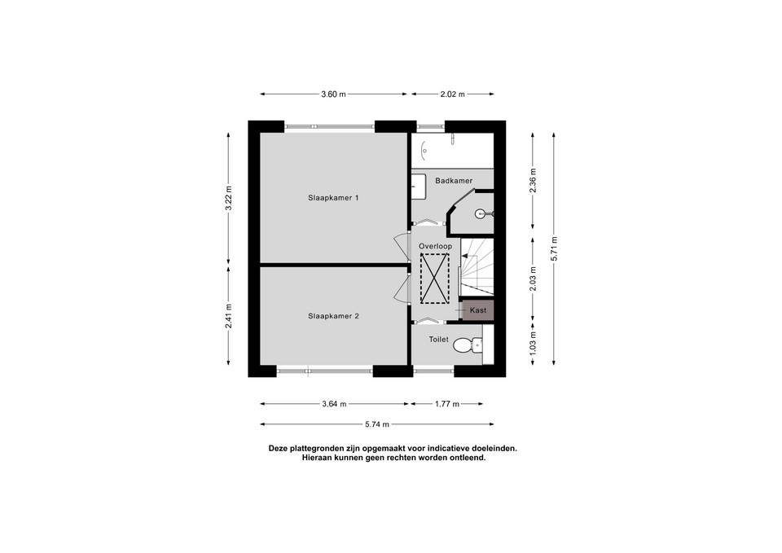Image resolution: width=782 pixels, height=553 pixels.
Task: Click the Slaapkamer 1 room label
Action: click(x=333, y=198)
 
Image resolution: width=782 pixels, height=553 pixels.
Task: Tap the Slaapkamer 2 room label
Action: click(x=333, y=316)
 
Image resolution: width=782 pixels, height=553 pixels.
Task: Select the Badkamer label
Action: click(x=454, y=181)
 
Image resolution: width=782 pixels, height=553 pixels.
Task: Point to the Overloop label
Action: click(x=435, y=246)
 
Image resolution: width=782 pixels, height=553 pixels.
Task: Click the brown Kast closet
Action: click(x=478, y=310)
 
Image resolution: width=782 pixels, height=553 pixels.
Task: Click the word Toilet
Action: click(x=439, y=340)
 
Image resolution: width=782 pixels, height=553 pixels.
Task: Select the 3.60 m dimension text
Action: click(x=333, y=94)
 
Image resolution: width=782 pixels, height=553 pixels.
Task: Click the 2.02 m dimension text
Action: click(x=452, y=94)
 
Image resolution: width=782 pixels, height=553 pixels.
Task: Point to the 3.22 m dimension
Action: click(x=229, y=198)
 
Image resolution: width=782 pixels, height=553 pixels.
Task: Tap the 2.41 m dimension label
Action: click(x=229, y=316)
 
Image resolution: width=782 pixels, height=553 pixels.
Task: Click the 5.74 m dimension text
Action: click(x=376, y=424)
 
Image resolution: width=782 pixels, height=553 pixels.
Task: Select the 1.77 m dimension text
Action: click(x=447, y=404)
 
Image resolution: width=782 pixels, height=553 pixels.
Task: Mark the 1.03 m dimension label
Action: click(x=533, y=344)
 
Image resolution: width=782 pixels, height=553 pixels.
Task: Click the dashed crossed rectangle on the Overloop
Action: click(x=434, y=279)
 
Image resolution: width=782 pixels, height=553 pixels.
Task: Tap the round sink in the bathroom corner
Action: click(x=481, y=214)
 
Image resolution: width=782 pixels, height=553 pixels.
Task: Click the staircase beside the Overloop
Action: click(x=477, y=268)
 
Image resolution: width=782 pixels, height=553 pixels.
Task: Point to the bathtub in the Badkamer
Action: click(x=452, y=151)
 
